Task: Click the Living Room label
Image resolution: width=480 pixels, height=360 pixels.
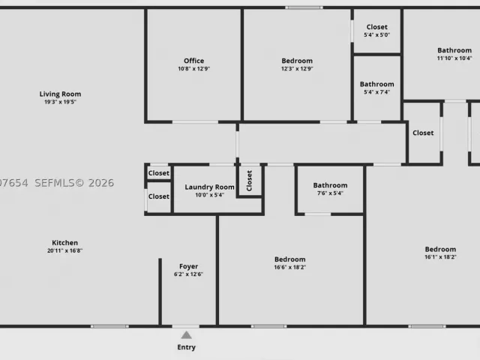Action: (60, 94)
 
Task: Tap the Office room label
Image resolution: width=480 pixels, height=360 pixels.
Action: (193, 61)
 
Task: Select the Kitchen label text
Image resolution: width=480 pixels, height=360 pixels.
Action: (65, 243)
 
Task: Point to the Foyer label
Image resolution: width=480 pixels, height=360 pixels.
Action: (188, 266)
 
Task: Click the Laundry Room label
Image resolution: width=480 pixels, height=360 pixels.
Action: (210, 187)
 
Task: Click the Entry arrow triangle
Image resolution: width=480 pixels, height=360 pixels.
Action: (186, 335)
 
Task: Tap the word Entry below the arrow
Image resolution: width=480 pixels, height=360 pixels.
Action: (187, 347)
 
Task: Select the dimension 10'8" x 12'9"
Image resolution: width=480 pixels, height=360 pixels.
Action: (194, 68)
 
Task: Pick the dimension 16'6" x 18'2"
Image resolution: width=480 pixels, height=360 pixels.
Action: (290, 267)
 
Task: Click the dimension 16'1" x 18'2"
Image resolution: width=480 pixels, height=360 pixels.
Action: (440, 257)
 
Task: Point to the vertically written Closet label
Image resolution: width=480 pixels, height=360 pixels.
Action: (249, 181)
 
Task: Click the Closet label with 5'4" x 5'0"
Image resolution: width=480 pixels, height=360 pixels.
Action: (376, 27)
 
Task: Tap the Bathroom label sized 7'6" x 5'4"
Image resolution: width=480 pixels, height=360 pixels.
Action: (330, 185)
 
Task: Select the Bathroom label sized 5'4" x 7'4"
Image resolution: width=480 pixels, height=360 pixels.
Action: (376, 84)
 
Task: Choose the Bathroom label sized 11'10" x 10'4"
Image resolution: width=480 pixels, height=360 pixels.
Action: (454, 50)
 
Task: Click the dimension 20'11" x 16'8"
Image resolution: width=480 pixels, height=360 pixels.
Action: (65, 250)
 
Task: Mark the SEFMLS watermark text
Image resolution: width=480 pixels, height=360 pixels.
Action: (74, 183)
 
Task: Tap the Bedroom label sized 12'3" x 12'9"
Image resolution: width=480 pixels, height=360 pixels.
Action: (297, 61)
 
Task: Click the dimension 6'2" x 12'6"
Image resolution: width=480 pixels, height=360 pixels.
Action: (188, 274)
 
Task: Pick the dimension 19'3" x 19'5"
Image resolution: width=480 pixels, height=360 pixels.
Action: (60, 102)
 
